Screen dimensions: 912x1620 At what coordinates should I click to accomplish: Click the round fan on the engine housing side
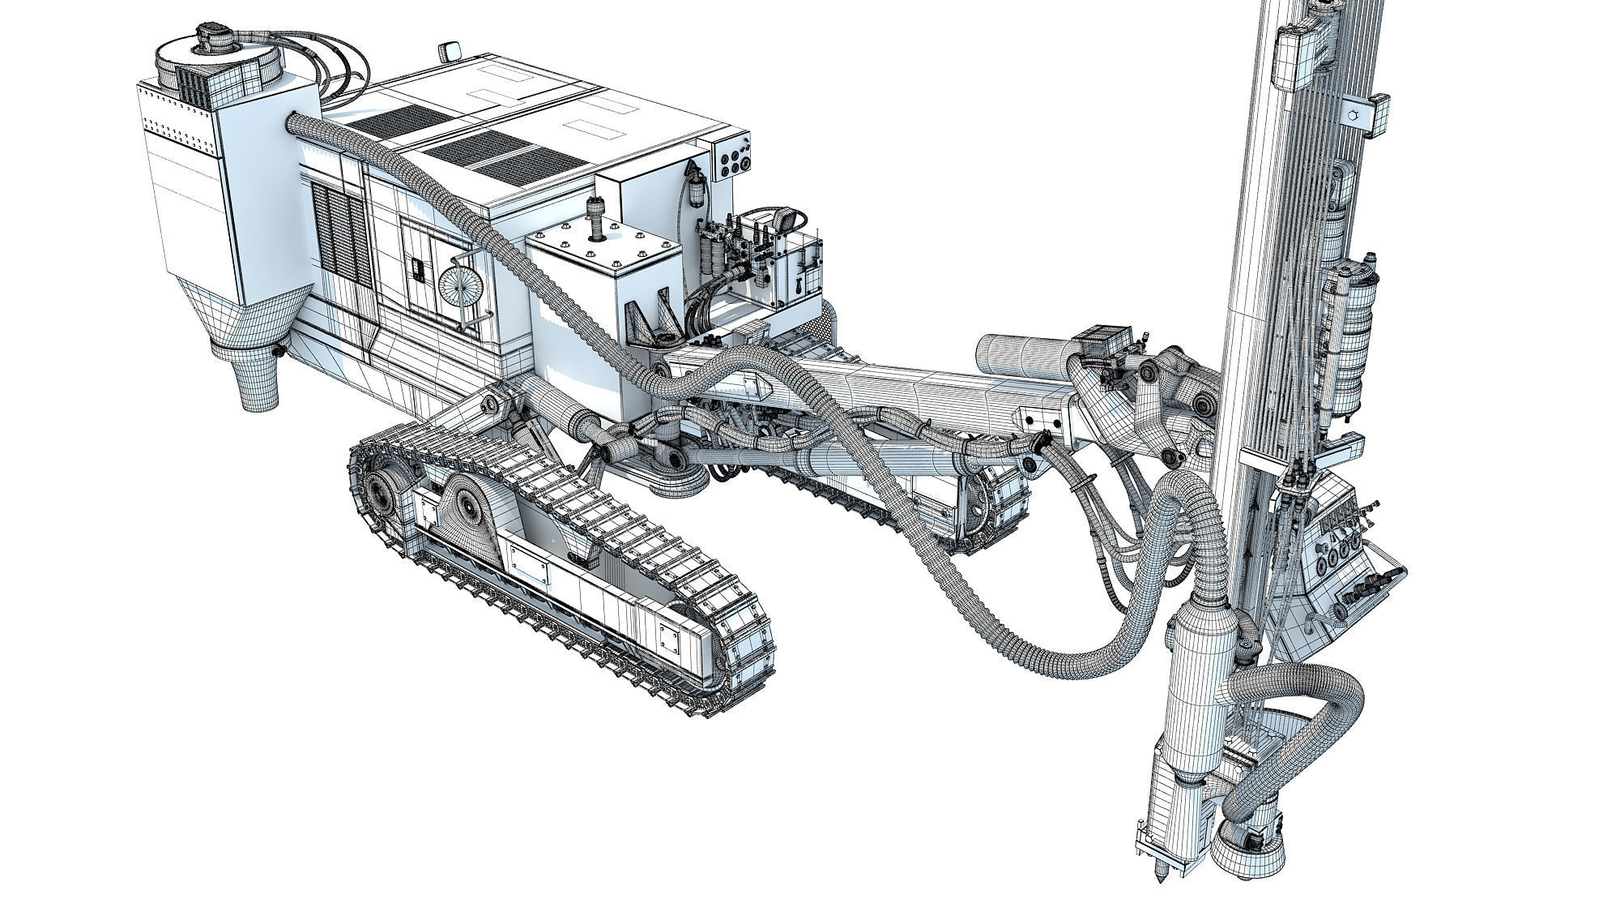(458, 286)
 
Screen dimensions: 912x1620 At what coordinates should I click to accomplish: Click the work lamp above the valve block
(784, 218)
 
